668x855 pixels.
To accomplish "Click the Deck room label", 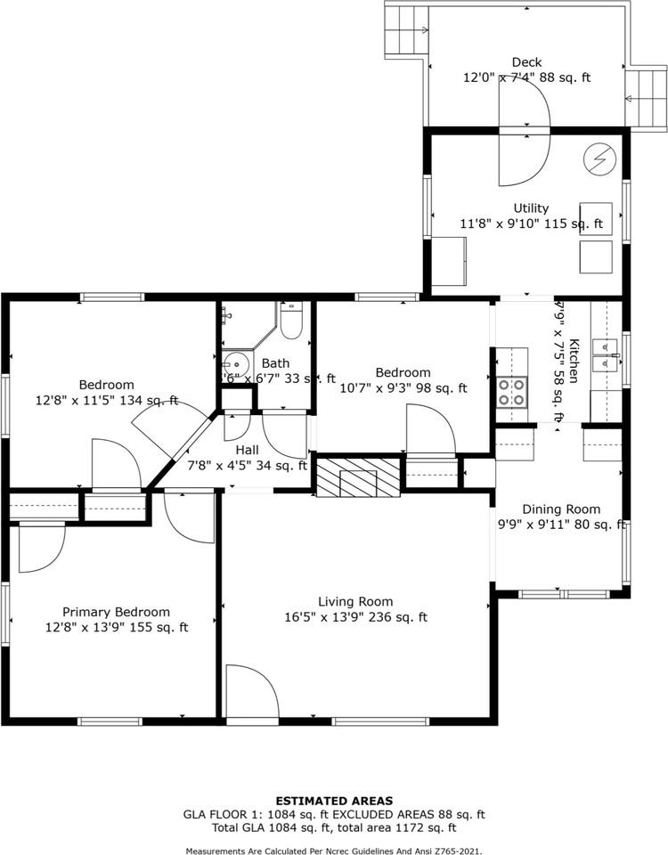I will tap(526, 62).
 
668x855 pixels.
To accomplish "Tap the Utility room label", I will tap(531, 208).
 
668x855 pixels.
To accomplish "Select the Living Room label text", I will tap(355, 601).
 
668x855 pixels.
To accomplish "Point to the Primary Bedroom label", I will tap(116, 612).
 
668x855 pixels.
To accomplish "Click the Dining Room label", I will tap(561, 509).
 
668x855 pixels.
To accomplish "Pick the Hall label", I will tap(248, 450).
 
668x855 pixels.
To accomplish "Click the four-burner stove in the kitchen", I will tap(512, 392).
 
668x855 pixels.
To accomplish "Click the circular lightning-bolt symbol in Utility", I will tap(597, 159).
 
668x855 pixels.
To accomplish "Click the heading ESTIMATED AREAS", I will tap(334, 801).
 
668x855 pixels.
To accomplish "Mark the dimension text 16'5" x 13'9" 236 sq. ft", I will tap(355, 617).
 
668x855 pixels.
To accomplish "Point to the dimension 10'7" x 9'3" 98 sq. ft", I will tap(403, 387).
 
